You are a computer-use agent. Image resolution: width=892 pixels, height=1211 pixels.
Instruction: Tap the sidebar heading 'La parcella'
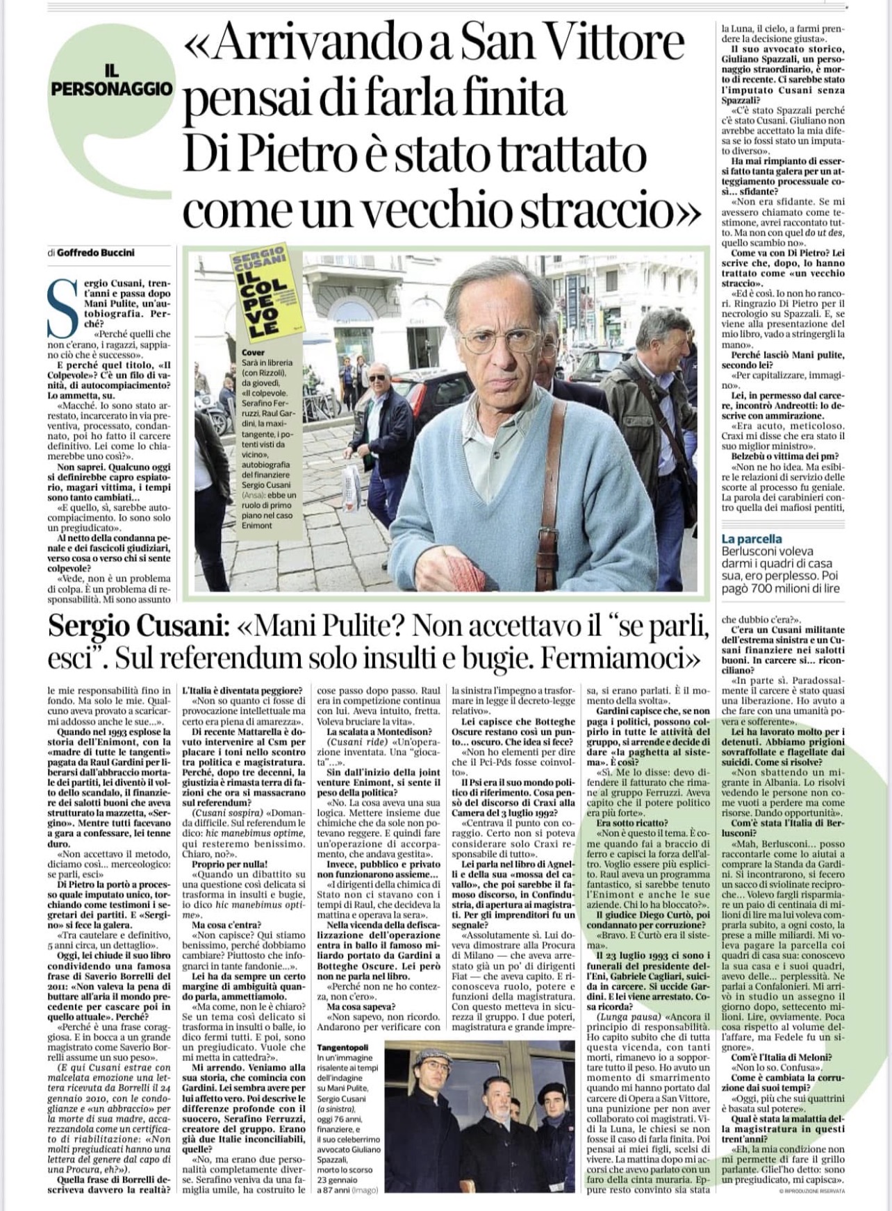pos(751,538)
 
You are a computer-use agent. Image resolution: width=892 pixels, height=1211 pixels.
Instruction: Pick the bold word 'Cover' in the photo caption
pos(254,352)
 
